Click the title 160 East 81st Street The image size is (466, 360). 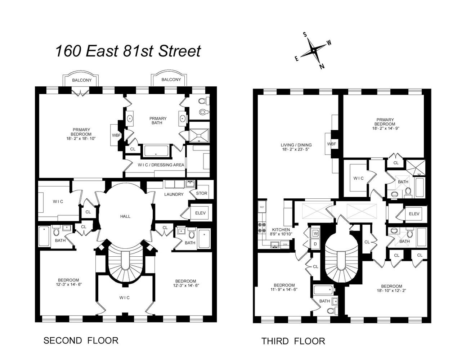point(127,51)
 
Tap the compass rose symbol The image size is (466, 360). point(314,51)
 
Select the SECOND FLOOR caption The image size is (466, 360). point(81,340)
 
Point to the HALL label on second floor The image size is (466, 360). point(125,216)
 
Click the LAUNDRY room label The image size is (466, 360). point(174,194)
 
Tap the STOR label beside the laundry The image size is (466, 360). point(202,193)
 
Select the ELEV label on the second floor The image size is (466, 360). point(200,213)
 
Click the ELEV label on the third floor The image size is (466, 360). point(414,214)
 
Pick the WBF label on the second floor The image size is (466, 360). point(116,135)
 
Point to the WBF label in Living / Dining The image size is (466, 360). point(331,144)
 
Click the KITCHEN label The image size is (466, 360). point(281,230)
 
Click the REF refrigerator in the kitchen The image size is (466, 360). point(262,207)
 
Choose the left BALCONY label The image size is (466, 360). point(82,80)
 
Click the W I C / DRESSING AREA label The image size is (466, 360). point(161,165)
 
